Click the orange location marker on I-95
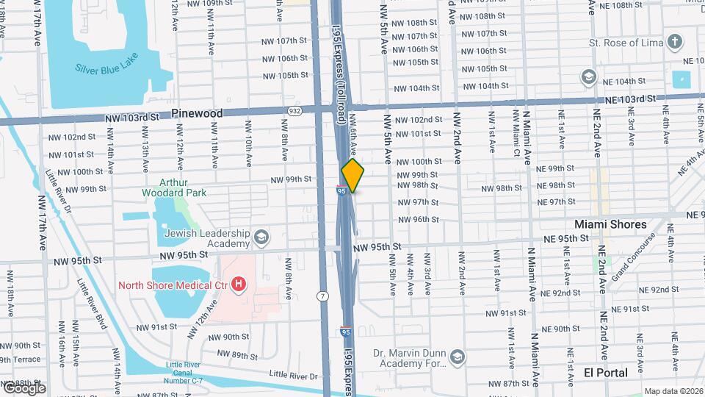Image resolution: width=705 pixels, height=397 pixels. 352,175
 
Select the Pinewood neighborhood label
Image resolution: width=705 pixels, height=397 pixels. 196,113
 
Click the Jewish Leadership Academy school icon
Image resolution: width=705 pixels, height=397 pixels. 262,237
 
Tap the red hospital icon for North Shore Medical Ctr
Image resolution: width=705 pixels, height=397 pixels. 238,283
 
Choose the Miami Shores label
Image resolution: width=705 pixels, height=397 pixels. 610,224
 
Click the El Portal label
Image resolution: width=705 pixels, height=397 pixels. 605,373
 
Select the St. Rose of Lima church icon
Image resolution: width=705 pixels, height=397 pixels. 675,43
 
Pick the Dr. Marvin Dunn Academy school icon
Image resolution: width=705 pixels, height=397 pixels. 458,357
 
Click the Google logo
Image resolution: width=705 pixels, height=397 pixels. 23,388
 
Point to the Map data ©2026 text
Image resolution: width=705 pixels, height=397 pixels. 673,391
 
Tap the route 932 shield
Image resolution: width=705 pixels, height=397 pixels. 294,111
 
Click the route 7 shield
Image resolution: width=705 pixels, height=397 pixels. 322,296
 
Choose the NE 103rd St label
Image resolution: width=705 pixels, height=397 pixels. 629,99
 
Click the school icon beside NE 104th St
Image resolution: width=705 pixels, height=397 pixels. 587,76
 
